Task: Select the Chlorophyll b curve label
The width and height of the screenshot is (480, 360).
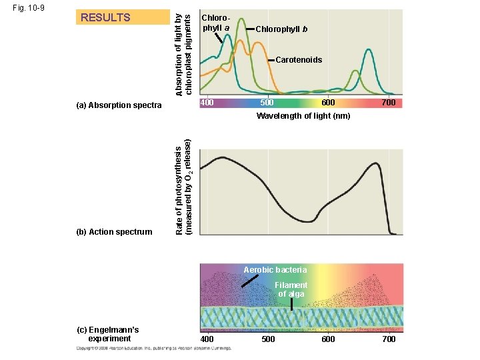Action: [281, 29]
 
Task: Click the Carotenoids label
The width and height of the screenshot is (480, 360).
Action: [299, 60]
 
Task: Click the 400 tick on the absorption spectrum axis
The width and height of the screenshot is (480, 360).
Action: [207, 103]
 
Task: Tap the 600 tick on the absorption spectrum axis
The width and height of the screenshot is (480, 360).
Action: [328, 103]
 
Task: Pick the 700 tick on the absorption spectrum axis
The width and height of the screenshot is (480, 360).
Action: [388, 103]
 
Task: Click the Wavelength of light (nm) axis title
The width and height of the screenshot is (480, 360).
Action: [303, 116]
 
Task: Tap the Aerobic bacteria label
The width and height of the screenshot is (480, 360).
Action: [275, 270]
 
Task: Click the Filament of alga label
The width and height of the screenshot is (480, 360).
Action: [291, 289]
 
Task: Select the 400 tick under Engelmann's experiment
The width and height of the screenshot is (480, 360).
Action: [207, 339]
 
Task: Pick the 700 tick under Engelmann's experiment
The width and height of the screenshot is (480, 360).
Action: [388, 339]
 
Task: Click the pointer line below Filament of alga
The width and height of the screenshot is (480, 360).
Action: [291, 304]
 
